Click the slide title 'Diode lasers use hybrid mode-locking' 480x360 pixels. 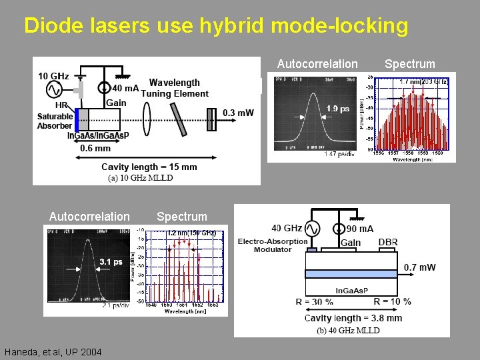pos(215,25)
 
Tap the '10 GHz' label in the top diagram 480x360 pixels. pos(53,76)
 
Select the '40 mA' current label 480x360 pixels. pos(126,88)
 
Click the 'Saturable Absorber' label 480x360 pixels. pos(55,121)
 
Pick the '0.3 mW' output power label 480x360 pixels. pos(238,113)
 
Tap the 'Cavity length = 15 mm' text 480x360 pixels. pos(149,167)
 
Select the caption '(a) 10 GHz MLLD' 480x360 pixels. pos(140,177)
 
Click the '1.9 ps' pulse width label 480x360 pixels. pos(338,109)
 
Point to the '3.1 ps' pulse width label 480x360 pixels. pos(111,261)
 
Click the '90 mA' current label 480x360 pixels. pos(359,229)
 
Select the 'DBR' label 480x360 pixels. pos(389,242)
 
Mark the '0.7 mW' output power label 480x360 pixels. pos(420,267)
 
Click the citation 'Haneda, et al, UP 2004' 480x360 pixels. pos(53,351)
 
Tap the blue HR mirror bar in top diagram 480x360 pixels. pos(77,120)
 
